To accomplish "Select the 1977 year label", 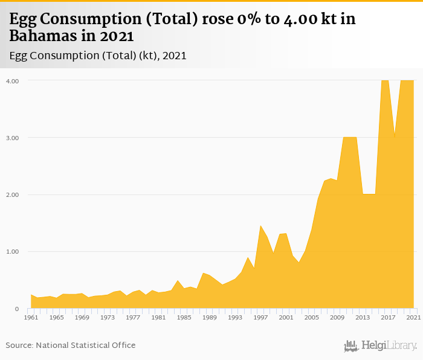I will (133, 317).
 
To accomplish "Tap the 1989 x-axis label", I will (210, 317).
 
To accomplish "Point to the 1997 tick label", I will (260, 317).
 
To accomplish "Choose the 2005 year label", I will (312, 317).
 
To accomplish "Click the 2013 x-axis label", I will (363, 317).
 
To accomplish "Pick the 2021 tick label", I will (413, 317).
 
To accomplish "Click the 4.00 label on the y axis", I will (12, 80).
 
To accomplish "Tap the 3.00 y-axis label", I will (12, 138).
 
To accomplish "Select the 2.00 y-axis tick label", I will (12, 194).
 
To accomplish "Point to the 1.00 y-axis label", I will (12, 252).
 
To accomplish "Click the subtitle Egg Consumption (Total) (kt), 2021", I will (98, 56).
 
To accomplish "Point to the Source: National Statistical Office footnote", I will (71, 345).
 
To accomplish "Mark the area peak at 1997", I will (260, 226).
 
